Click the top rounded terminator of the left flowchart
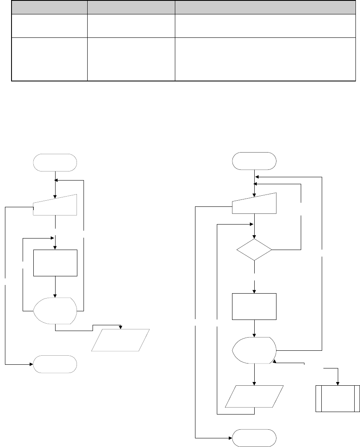(55, 162)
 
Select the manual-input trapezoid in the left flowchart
(55, 205)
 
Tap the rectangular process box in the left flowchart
(55, 262)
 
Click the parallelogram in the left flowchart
(121, 340)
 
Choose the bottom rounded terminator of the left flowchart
(55, 364)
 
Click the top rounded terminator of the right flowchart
(254, 160)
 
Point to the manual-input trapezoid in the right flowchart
(254, 204)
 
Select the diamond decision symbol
(254, 249)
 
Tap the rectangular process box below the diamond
(254, 306)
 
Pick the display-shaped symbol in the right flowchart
(254, 350)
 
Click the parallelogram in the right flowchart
(254, 396)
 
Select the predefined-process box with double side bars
(337, 398)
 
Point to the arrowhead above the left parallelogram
(121, 327)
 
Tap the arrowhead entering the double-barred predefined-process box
(338, 383)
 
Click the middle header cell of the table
(131, 7)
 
